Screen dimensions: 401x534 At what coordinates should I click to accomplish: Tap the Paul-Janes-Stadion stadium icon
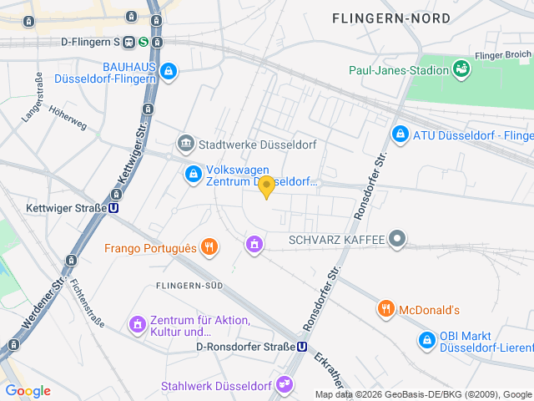461,69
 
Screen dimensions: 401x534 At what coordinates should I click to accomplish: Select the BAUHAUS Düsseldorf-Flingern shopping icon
170,72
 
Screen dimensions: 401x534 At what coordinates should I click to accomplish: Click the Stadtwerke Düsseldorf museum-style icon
185,144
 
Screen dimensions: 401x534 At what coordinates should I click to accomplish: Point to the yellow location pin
266,186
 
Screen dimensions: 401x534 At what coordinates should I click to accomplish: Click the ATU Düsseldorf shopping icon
400,134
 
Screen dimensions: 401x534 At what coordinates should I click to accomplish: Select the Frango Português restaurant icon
209,247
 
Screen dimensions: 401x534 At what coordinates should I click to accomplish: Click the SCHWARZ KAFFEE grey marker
398,240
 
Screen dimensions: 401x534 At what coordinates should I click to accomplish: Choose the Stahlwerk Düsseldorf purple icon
286,385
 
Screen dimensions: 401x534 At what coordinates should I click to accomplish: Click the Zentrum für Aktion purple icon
137,322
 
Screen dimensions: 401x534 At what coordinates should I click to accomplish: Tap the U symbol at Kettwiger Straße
113,208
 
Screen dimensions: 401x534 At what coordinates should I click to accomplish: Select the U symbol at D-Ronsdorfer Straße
301,347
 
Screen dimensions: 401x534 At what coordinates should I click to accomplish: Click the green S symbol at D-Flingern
144,41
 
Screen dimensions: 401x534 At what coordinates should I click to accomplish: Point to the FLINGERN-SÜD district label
189,286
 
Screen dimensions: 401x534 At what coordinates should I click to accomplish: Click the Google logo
28,390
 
